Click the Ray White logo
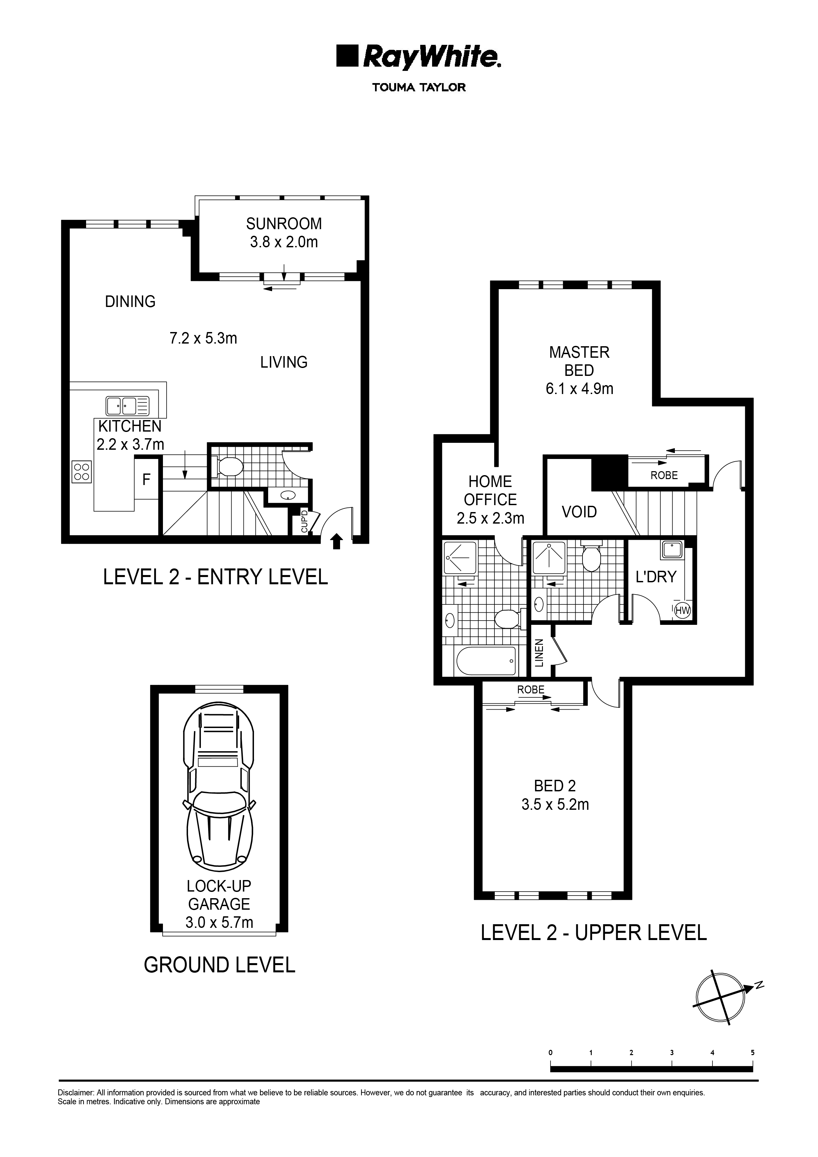(x=418, y=56)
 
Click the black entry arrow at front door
(x=337, y=542)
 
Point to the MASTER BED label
(x=579, y=361)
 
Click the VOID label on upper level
(x=579, y=512)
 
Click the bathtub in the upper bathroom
(x=487, y=661)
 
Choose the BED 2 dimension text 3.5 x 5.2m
(x=555, y=804)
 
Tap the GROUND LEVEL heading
(x=219, y=965)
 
